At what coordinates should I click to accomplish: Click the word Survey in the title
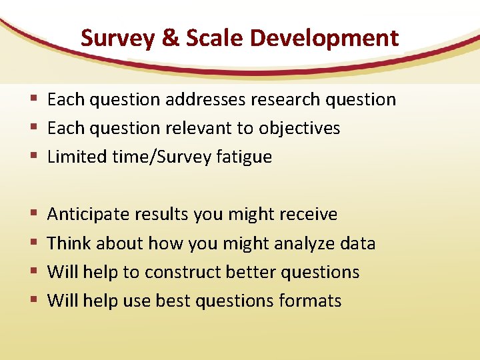[x=117, y=38]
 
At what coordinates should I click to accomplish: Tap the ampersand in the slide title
[x=170, y=38]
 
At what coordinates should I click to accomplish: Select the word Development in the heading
[x=324, y=38]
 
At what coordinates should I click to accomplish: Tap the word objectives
[x=299, y=129]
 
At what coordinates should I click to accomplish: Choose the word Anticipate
[x=89, y=215]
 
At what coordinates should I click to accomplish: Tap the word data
[x=356, y=243]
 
